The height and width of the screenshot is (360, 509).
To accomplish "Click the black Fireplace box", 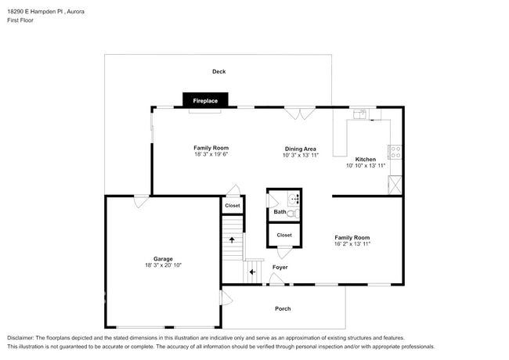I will point(205,100).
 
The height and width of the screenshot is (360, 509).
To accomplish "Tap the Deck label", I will point(218,72).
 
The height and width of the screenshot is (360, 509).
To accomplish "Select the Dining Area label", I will point(300,148).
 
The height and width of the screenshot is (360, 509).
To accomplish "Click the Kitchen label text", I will point(366,159).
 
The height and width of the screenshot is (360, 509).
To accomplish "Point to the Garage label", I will point(163,259).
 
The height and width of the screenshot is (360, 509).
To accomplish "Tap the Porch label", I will point(283,308).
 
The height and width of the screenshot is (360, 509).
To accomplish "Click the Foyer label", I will point(280,268).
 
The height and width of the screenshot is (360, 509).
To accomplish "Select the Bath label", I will point(280,212).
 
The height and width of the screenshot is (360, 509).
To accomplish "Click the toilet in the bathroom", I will point(293,212).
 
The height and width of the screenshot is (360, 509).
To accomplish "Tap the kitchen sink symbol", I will point(361,114).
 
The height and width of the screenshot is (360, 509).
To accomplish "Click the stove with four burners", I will point(395,151).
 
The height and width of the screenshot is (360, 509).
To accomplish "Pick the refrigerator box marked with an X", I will point(395,185).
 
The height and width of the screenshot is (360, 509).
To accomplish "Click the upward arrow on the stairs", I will point(232,239).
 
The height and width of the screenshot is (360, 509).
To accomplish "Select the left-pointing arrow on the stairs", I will point(252,272).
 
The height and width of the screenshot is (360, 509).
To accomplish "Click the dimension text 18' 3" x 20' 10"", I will point(163,266).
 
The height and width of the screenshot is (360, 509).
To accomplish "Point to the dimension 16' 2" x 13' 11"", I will point(352,244).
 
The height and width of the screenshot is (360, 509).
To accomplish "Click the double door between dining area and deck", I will point(300,113).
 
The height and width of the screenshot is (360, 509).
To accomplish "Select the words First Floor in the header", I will point(20,20).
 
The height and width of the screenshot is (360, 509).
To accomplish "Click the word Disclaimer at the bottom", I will point(22,337).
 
